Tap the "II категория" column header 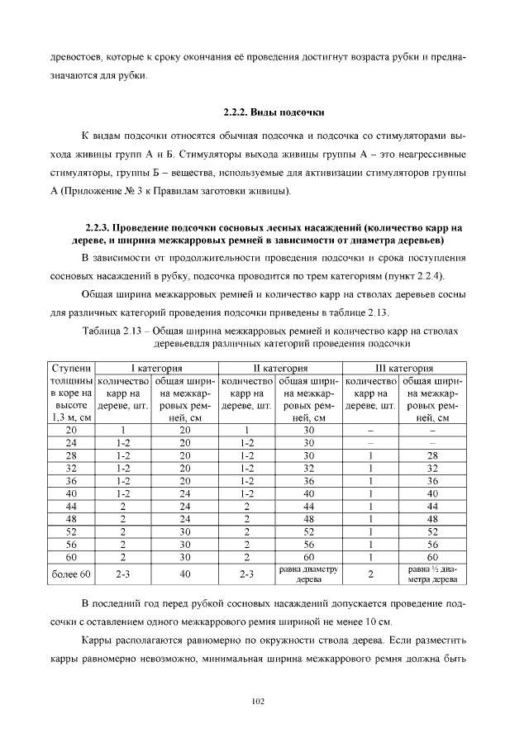[280, 368]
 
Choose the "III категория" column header [404, 368]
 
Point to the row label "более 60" [71, 574]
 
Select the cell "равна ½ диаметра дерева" [432, 574]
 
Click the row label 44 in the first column [71, 504]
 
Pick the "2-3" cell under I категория [123, 574]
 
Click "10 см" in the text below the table [374, 620]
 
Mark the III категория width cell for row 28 [432, 455]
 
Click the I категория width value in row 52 [184, 531]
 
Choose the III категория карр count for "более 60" [370, 574]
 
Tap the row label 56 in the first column [71, 545]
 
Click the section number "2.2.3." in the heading [97, 227]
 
